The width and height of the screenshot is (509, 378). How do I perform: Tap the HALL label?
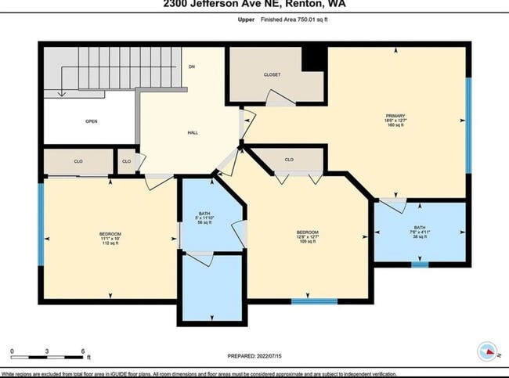pyautogui.click(x=192, y=133)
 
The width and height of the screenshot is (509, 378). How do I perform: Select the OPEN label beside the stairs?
pyautogui.click(x=91, y=122)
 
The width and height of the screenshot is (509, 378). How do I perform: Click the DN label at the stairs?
pyautogui.click(x=191, y=67)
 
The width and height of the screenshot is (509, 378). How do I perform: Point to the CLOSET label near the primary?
pyautogui.click(x=271, y=74)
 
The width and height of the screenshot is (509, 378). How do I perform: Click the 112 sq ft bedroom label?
pyautogui.click(x=110, y=238)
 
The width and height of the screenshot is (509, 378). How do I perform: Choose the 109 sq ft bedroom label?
pyautogui.click(x=307, y=236)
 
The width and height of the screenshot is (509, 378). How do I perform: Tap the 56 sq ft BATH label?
pyautogui.click(x=204, y=218)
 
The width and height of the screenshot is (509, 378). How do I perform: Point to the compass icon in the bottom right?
pyautogui.click(x=486, y=351)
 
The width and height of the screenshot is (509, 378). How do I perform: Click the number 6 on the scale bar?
pyautogui.click(x=82, y=351)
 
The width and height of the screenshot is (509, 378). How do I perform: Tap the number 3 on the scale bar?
pyautogui.click(x=47, y=351)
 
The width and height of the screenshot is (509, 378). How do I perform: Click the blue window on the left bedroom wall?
pyautogui.click(x=41, y=222)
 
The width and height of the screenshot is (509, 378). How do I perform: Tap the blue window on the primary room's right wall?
pyautogui.click(x=468, y=125)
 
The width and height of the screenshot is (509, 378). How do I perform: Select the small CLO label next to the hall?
pyautogui.click(x=126, y=161)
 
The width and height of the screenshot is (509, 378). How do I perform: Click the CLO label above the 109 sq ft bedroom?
pyautogui.click(x=289, y=160)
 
